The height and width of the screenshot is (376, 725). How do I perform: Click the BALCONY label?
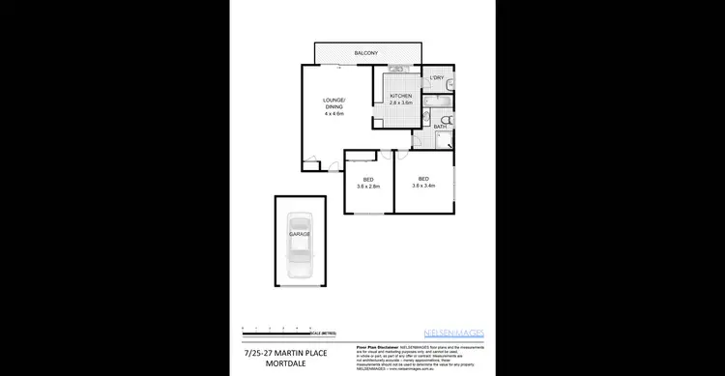[365, 52]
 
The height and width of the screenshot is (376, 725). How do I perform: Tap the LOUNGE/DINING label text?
[333, 103]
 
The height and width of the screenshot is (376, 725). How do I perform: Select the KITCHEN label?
[401, 96]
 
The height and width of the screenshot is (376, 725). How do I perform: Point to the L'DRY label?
[437, 77]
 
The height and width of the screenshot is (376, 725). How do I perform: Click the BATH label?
[440, 127]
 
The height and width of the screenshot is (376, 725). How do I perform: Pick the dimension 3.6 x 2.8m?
[368, 187]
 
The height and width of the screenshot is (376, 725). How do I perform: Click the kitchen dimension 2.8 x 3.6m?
[401, 102]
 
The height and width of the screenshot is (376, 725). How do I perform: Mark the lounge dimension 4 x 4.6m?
[333, 115]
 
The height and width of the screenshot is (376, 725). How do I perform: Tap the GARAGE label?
[300, 235]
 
